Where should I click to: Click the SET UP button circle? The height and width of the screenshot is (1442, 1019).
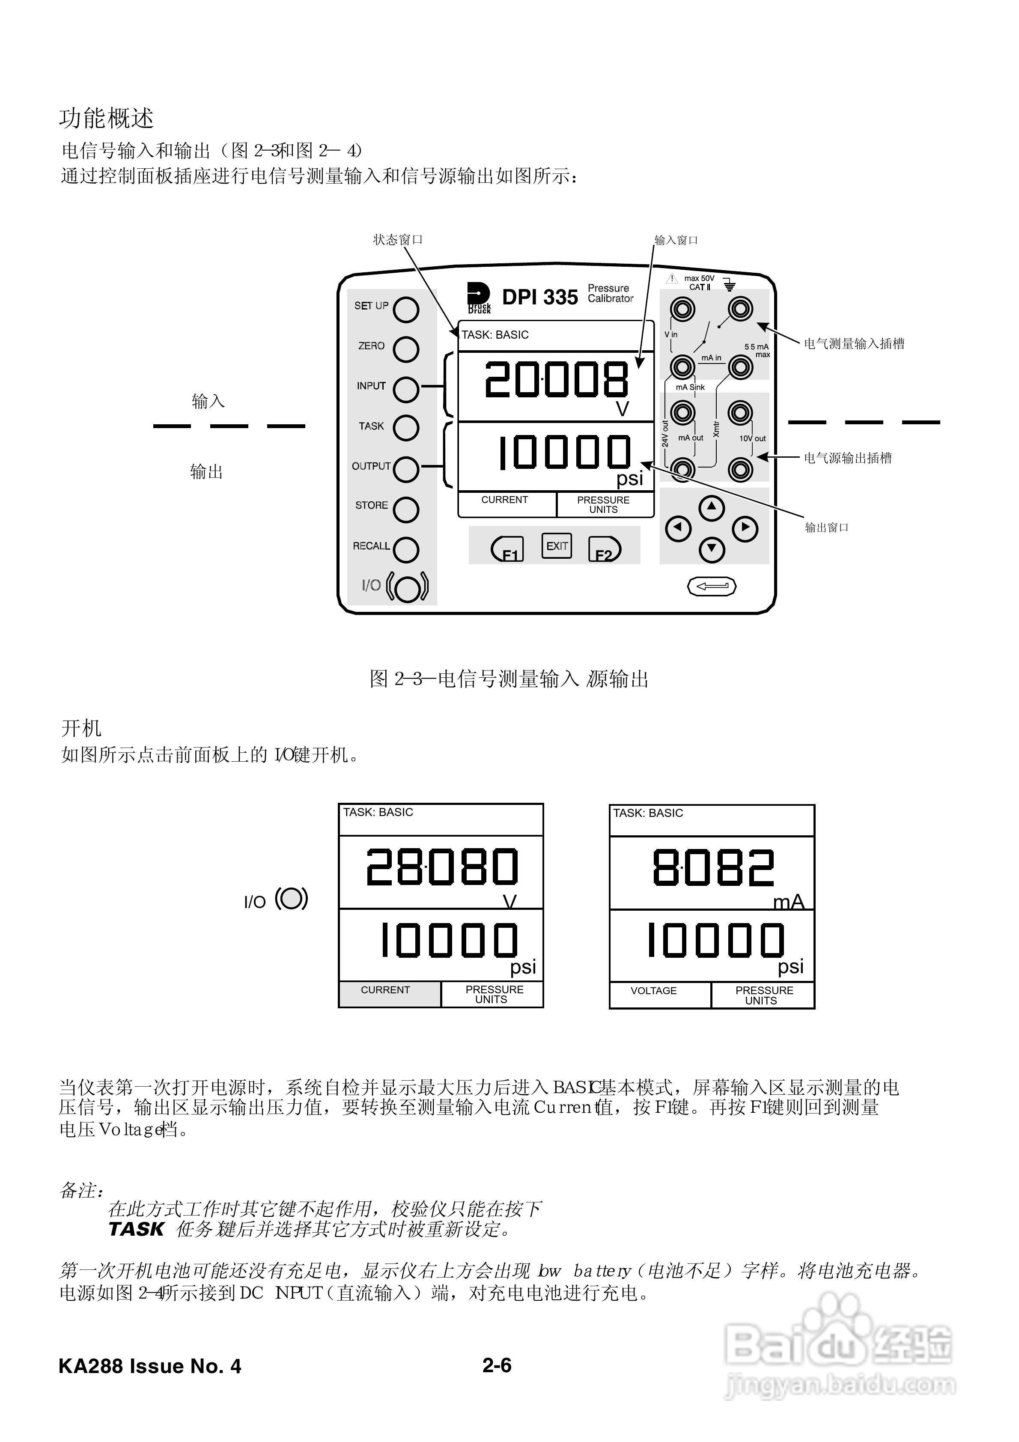406,310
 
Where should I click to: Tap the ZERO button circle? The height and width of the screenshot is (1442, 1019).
406,349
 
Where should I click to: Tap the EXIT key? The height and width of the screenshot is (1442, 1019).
557,546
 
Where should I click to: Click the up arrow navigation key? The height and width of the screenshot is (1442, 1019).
711,507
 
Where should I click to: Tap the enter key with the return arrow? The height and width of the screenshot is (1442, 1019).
712,586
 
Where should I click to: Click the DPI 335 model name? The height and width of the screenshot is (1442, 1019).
539,297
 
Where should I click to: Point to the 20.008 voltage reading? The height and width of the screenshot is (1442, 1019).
556,380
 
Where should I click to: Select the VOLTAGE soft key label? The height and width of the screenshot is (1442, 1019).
653,990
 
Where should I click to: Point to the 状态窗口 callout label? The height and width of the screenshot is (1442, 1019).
398,240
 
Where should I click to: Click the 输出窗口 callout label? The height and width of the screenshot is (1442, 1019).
827,527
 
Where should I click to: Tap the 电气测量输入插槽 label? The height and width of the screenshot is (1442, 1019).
854,343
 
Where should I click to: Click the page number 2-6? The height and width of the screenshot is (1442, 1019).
497,1365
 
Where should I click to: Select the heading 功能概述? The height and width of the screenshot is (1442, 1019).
106,118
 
